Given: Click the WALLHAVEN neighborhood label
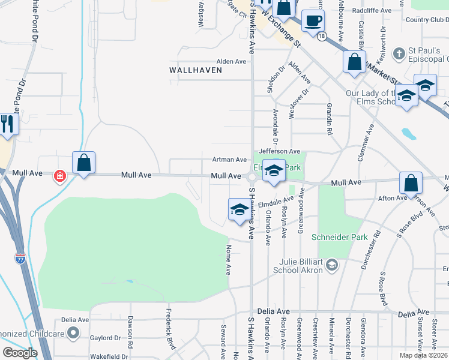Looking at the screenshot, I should (x=196, y=70).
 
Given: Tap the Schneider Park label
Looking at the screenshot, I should (x=339, y=237).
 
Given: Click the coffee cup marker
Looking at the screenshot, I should (x=313, y=22).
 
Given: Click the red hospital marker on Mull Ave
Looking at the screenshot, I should (x=59, y=176).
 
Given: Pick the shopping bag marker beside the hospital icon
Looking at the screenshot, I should (x=83, y=163).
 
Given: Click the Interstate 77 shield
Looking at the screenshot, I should (x=20, y=259).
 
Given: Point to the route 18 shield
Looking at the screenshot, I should (x=322, y=37).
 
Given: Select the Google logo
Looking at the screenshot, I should (x=20, y=353).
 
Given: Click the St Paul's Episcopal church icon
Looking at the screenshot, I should (x=399, y=54).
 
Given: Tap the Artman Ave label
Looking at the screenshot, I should (x=229, y=160).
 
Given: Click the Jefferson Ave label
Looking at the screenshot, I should (x=279, y=151).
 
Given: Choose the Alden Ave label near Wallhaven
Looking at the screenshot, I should (x=231, y=61).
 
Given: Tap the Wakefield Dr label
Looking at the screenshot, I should (x=109, y=356).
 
